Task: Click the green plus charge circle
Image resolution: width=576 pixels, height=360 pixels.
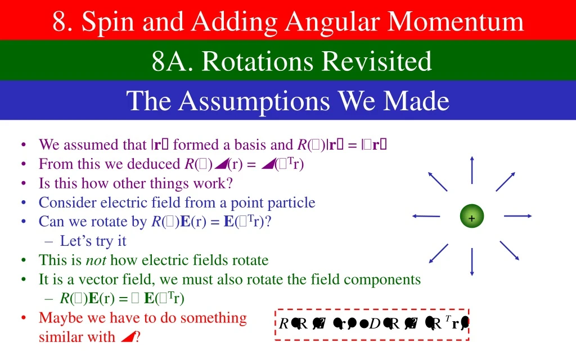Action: tap(471, 218)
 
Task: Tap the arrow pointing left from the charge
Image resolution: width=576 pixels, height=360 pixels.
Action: tap(425, 216)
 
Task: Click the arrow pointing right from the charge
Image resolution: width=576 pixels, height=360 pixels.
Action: tap(517, 216)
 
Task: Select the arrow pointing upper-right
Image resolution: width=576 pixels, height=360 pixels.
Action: tap(505, 181)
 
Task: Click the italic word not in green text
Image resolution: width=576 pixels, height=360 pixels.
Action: tap(96, 260)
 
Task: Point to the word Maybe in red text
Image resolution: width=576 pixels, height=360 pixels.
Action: tap(58, 318)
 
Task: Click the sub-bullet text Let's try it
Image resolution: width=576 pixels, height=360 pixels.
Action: tap(93, 241)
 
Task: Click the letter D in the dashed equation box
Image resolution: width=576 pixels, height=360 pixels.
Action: tap(375, 325)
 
